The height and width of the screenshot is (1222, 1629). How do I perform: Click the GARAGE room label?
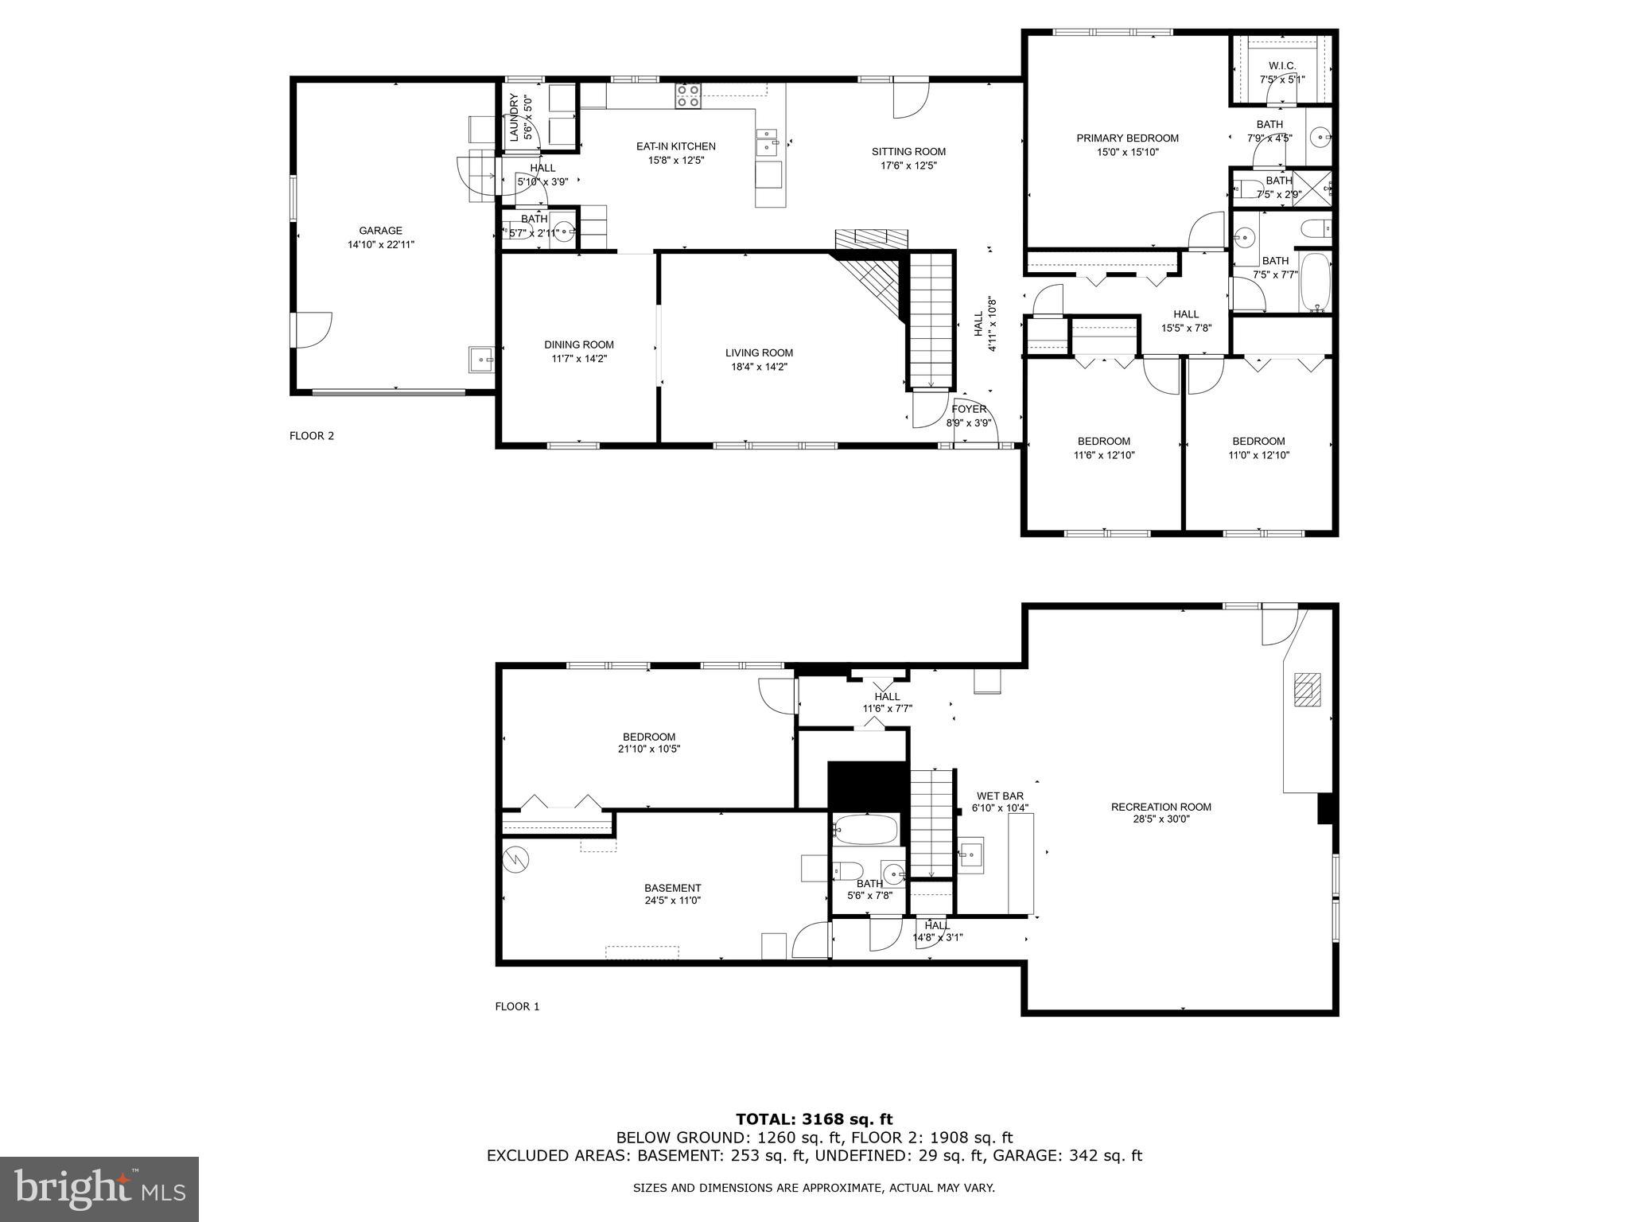pyautogui.click(x=380, y=232)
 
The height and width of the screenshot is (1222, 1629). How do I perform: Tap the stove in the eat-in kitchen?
pyautogui.click(x=688, y=96)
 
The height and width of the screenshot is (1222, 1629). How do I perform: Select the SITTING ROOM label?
pyautogui.click(x=908, y=152)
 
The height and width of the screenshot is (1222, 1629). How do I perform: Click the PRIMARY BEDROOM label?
pyautogui.click(x=1127, y=138)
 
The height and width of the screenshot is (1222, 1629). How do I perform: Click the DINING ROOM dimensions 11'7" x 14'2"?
pyautogui.click(x=579, y=359)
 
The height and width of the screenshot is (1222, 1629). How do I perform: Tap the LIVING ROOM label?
pyautogui.click(x=759, y=353)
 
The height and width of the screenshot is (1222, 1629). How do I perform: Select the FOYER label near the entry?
pyautogui.click(x=969, y=409)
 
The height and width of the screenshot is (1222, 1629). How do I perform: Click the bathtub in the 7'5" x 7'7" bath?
pyautogui.click(x=1315, y=282)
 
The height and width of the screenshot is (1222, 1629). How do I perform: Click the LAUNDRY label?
pyautogui.click(x=515, y=117)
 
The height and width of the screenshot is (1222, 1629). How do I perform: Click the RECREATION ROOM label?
pyautogui.click(x=1161, y=807)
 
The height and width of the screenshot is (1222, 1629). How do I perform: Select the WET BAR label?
pyautogui.click(x=1000, y=796)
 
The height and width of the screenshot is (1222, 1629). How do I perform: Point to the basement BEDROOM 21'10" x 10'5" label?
pyautogui.click(x=649, y=737)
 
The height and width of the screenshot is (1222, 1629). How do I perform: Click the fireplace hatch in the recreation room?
pyautogui.click(x=1306, y=689)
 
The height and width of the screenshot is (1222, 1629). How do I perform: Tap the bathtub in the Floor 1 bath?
pyautogui.click(x=865, y=830)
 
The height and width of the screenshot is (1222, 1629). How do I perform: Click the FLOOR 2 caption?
pyautogui.click(x=312, y=436)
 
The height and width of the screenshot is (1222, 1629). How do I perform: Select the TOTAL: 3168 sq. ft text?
pyautogui.click(x=814, y=1119)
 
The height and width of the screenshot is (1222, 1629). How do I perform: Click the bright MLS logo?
pyautogui.click(x=99, y=1189)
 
